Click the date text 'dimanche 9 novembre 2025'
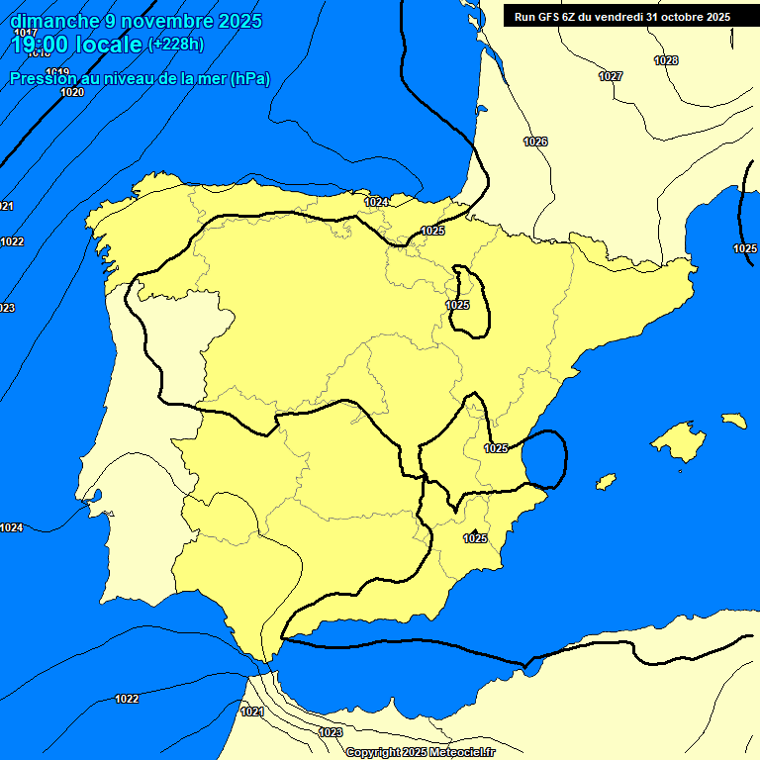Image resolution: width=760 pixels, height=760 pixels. point(136,21)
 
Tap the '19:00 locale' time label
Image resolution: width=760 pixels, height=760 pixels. point(77,45)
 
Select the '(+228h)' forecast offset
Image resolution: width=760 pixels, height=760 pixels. point(175,45)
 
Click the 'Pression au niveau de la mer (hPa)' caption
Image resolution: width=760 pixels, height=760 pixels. point(140,79)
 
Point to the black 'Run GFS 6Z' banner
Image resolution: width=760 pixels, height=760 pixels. point(622,17)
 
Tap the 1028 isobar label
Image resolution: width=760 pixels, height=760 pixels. point(666,60)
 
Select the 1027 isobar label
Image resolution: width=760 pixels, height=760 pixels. point(611,76)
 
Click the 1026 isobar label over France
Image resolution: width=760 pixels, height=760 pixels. point(535,142)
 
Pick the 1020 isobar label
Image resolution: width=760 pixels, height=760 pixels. point(72,92)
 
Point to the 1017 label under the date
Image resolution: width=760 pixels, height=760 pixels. point(27,33)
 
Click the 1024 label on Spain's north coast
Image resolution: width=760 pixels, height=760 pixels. point(375,202)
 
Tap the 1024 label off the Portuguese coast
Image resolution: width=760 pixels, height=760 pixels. point(11,527)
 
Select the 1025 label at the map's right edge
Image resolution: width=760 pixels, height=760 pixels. point(745,248)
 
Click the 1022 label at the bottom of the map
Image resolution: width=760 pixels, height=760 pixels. point(127,699)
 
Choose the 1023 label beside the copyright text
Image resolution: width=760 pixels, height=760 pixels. point(331,732)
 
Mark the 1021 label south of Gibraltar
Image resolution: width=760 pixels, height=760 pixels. point(252,712)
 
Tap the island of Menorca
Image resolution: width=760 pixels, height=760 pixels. point(733,421)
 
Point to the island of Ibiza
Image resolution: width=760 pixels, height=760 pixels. point(606,482)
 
